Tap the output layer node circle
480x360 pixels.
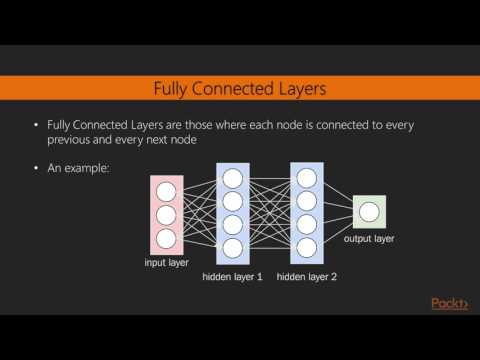coord(368,211)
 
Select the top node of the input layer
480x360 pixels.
coord(166,189)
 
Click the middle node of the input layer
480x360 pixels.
coord(166,213)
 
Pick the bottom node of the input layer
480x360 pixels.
coord(166,237)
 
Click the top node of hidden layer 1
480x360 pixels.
coord(232,178)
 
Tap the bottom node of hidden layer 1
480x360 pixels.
coord(232,246)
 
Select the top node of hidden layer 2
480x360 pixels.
coord(306,178)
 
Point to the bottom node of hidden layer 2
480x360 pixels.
coord(306,246)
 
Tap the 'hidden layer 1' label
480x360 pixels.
coord(231,274)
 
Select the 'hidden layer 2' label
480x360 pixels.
coord(307,274)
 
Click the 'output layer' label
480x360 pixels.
coord(369,240)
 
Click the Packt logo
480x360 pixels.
coord(449,304)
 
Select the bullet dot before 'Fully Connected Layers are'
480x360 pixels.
coord(37,126)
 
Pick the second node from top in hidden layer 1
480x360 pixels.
coord(232,201)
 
